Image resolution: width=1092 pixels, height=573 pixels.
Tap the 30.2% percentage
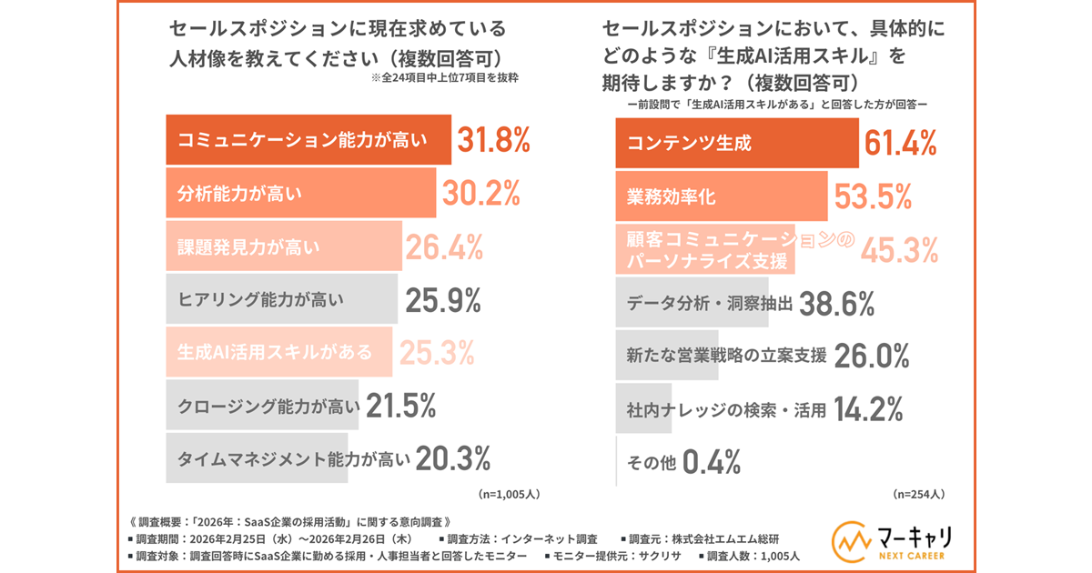click(481, 193)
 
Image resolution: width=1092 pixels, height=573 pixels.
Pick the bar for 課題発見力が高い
click(284, 246)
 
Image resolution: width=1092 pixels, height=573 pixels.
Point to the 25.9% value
click(444, 298)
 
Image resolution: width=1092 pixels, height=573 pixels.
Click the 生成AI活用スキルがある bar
click(279, 351)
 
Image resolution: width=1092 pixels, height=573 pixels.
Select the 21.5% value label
click(402, 404)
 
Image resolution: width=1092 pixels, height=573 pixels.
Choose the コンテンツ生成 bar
click(737, 143)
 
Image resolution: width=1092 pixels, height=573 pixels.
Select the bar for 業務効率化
click(722, 196)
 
